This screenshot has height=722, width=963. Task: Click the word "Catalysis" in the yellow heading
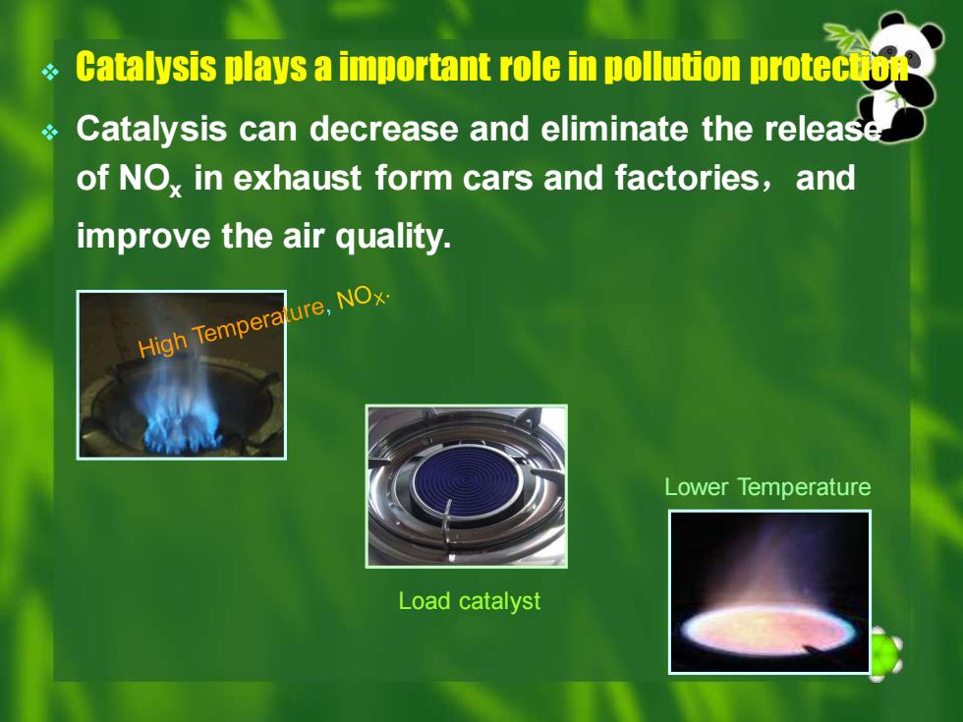click(146, 67)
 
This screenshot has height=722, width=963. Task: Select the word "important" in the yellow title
click(415, 67)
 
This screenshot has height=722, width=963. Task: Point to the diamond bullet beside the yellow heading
click(50, 73)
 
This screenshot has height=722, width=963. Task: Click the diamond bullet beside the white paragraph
click(50, 132)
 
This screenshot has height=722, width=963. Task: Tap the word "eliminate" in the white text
click(614, 129)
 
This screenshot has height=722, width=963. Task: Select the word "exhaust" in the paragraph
click(297, 178)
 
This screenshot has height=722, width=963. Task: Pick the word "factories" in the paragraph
click(687, 178)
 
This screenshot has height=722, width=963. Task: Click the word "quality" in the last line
click(393, 237)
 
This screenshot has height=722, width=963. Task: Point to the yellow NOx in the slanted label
click(363, 297)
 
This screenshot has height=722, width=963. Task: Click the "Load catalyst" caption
click(470, 601)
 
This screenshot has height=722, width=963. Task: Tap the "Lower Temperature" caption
click(767, 487)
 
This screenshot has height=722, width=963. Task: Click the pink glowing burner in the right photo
click(768, 630)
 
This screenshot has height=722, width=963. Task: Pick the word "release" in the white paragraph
click(823, 129)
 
